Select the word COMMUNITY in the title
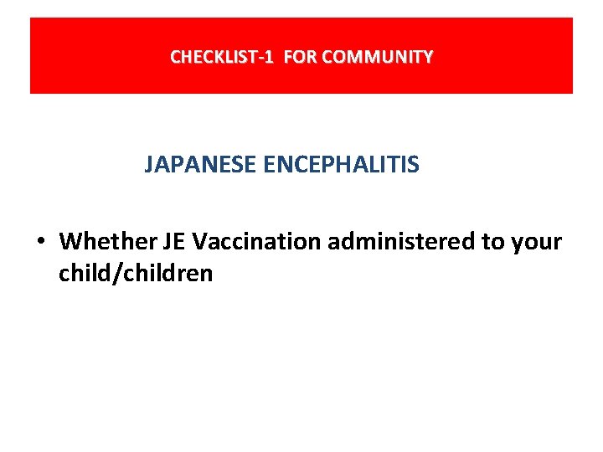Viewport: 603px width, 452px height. point(377,57)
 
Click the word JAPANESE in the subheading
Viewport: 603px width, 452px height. point(200,164)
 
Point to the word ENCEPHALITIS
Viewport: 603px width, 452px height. point(341,164)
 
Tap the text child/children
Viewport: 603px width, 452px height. point(136,273)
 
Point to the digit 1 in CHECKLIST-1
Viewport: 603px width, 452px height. point(268,57)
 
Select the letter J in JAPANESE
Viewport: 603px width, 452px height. point(149,164)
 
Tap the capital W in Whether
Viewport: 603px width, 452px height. point(70,242)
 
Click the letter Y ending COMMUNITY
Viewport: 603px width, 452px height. point(428,57)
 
